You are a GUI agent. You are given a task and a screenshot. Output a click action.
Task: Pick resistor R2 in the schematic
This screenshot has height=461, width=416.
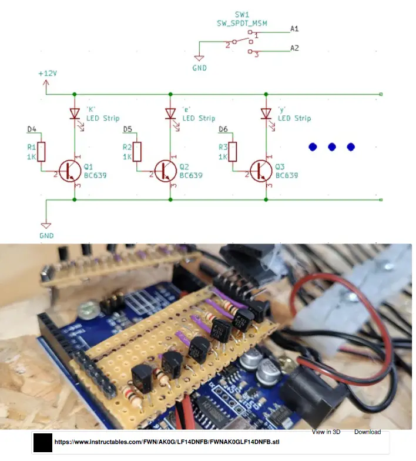[x=137, y=151]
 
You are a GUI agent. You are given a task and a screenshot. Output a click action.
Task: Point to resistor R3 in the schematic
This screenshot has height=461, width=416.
[x=233, y=151]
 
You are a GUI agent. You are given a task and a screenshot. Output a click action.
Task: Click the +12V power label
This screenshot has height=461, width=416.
[x=47, y=74]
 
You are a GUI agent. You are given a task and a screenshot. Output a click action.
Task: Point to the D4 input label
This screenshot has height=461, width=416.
[x=32, y=129]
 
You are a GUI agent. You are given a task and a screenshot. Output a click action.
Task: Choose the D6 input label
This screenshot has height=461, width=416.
[x=223, y=129]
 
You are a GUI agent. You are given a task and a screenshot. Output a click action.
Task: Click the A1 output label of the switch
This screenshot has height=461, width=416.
[x=294, y=28]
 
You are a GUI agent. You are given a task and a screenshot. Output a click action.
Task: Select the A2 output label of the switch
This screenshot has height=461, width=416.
[x=294, y=48]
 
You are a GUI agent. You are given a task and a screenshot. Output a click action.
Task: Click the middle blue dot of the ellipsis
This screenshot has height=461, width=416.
[x=331, y=146]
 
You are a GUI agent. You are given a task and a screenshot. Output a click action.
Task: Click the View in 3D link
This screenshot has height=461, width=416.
[x=326, y=432]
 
